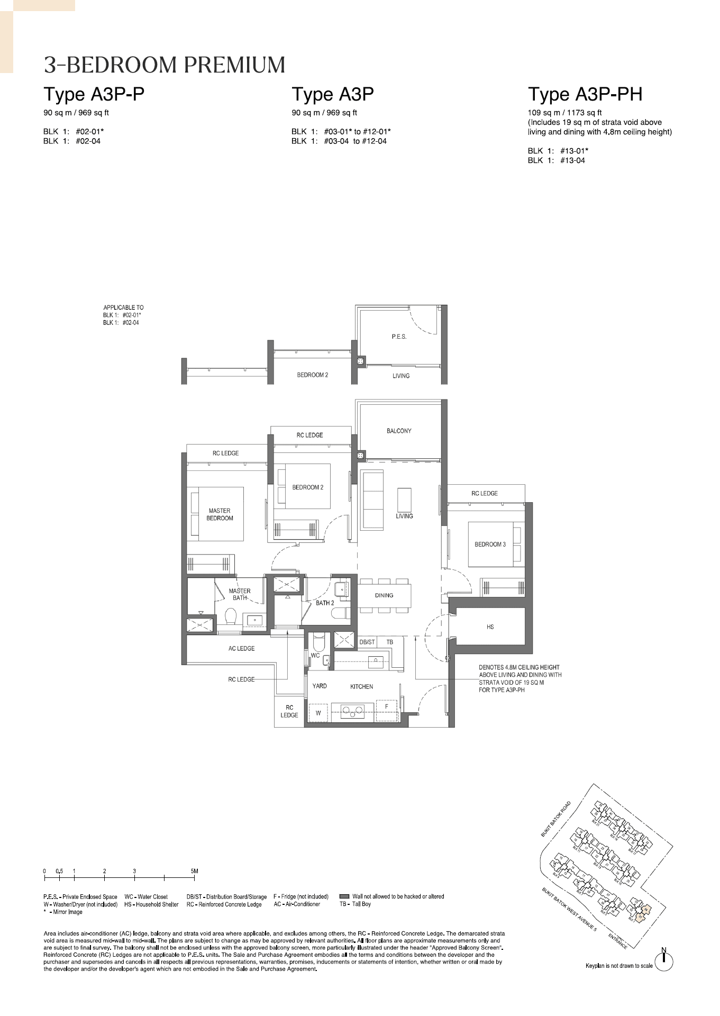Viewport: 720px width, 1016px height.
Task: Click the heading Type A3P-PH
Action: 585,94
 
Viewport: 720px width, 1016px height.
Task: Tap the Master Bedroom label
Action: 220,514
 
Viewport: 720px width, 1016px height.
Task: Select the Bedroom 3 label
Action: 490,544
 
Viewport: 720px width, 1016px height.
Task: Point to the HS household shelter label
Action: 490,627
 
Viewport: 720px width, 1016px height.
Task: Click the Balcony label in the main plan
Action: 399,431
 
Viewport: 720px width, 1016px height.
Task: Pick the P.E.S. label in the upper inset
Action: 399,337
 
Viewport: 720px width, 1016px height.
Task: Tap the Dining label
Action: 384,595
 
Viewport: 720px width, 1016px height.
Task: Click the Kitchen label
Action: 362,686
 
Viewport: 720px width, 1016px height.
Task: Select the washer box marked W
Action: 318,713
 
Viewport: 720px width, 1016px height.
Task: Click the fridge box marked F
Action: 387,707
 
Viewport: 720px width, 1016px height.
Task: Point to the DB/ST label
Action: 367,642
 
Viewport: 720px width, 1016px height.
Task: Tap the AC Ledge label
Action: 242,648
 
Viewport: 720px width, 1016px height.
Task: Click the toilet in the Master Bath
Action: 231,617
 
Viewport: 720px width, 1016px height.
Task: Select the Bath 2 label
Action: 325,603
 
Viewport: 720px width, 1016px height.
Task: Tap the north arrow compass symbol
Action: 664,959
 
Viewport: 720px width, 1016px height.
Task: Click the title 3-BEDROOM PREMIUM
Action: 165,65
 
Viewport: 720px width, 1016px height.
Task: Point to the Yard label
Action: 320,686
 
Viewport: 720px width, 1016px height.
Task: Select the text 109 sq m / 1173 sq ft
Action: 564,113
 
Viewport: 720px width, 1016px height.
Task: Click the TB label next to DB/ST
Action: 390,642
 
